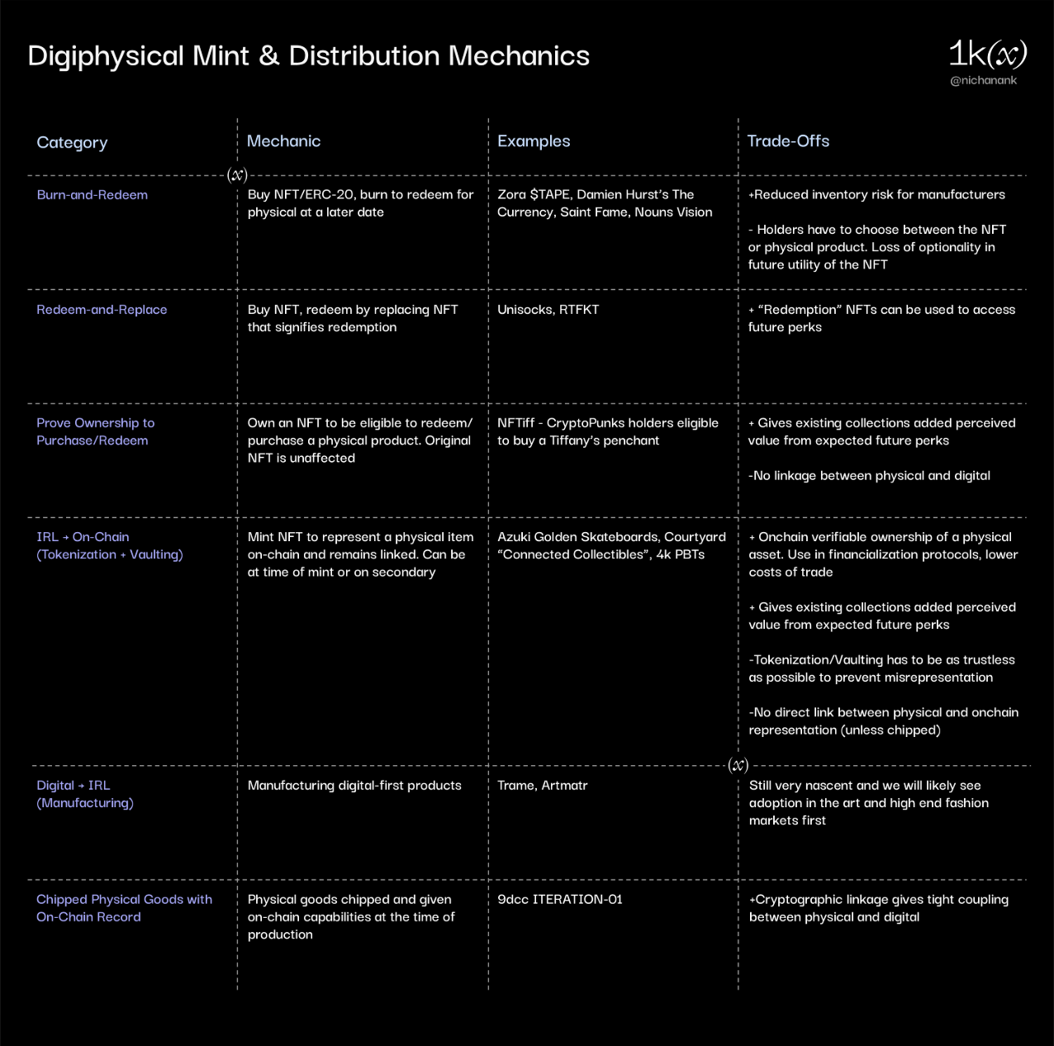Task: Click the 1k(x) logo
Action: (987, 54)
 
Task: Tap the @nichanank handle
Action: (983, 80)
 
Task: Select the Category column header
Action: (72, 143)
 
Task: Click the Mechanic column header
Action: (283, 141)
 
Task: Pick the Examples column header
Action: (534, 141)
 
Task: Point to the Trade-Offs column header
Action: (788, 141)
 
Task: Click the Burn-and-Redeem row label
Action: (92, 195)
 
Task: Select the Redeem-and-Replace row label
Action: (102, 310)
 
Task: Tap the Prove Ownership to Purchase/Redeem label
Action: (96, 432)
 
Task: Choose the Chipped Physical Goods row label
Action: (124, 908)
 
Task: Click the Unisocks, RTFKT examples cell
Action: (548, 310)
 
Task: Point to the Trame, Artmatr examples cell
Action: (543, 786)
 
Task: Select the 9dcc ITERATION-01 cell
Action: (560, 899)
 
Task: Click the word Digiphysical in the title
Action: (106, 56)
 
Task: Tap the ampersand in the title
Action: (268, 56)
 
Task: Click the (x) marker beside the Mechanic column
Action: (237, 175)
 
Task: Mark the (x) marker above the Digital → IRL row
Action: (738, 764)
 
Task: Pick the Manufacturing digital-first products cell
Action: (354, 786)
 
